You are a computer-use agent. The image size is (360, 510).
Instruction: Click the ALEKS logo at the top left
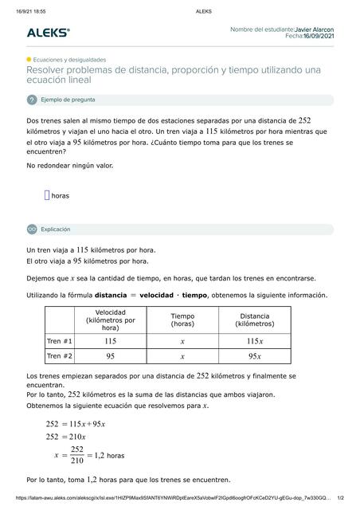coord(48,33)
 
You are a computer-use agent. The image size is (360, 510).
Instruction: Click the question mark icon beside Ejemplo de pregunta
coord(32,100)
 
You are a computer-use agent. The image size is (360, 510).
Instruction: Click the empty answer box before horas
coord(47,194)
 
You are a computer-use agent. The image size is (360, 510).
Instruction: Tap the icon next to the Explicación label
coord(32,229)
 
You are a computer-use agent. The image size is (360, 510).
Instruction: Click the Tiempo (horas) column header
coord(182,320)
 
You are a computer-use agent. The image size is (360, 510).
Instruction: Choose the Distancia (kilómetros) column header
coord(254,320)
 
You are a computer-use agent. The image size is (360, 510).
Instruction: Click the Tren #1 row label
coord(59,340)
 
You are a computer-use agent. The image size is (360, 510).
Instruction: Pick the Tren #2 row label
coord(59,356)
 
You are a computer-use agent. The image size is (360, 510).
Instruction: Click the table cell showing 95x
coord(254,356)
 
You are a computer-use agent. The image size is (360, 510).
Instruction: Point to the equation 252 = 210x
coord(66,437)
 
